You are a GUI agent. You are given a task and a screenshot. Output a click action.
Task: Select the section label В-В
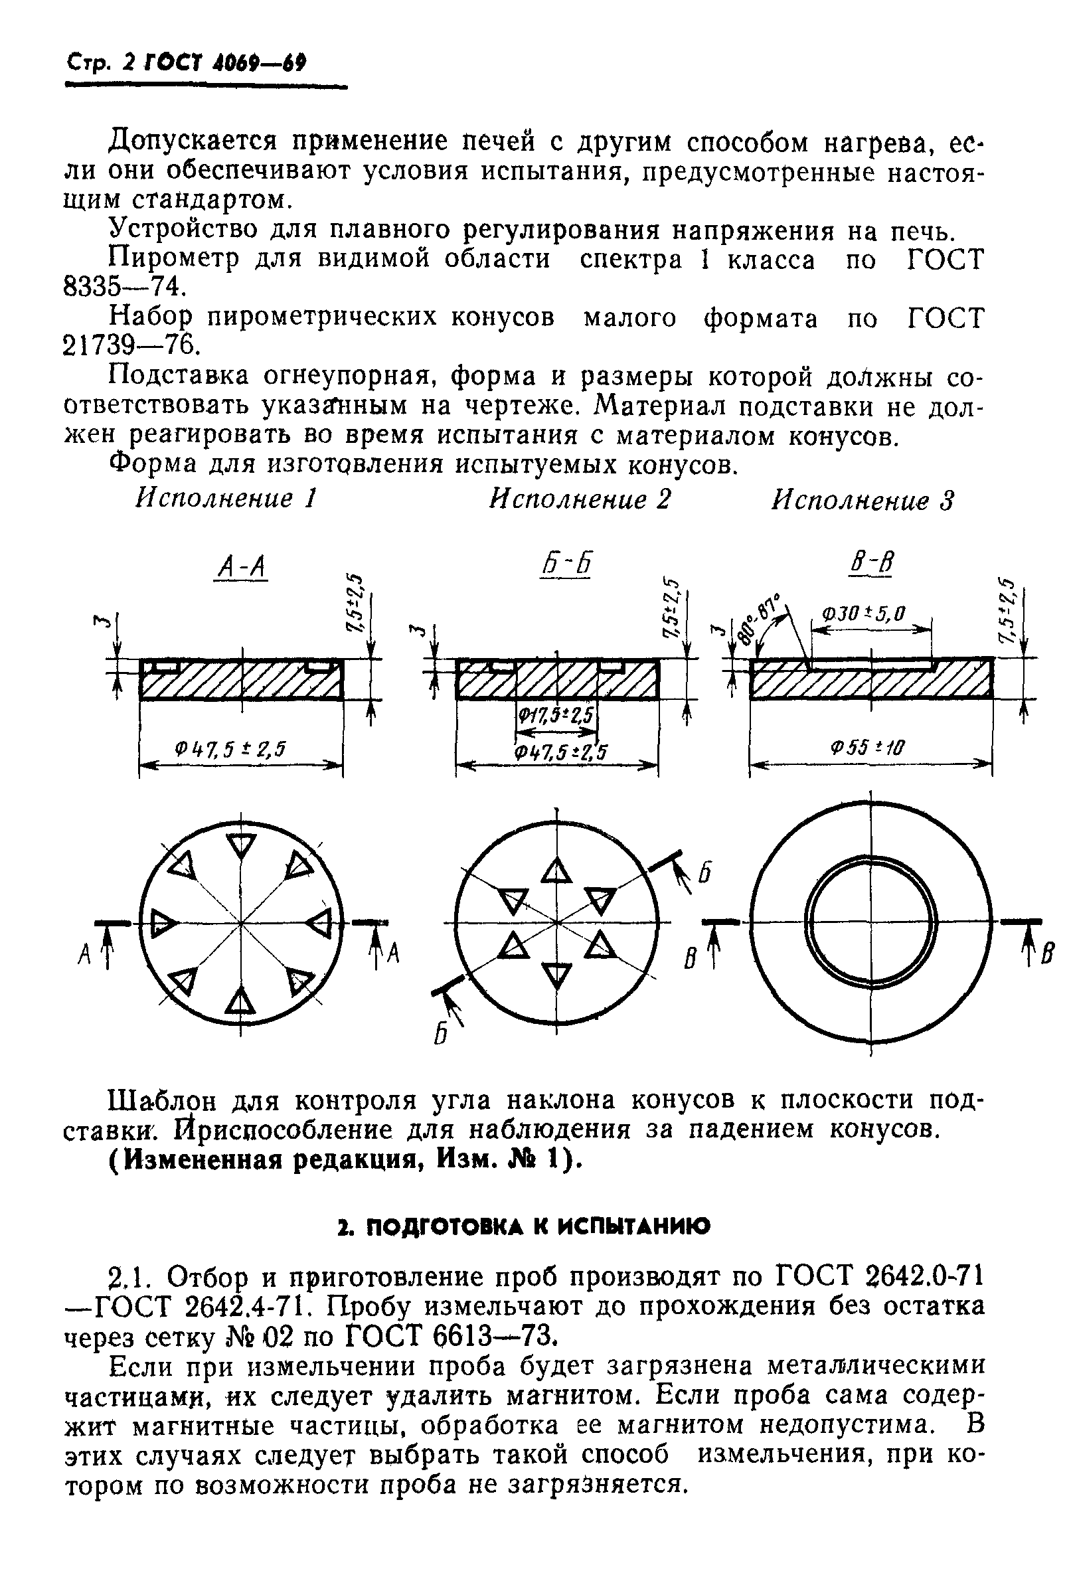click(870, 563)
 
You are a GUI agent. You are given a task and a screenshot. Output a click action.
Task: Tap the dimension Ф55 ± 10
click(867, 748)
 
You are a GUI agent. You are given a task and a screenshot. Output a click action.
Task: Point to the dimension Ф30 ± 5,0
click(863, 614)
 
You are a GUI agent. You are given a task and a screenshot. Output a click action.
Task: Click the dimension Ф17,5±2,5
click(555, 714)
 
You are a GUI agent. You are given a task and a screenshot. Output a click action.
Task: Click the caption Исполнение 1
click(227, 499)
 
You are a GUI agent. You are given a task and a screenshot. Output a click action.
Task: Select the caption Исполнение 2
click(580, 499)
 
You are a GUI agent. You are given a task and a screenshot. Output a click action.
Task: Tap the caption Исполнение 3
click(863, 501)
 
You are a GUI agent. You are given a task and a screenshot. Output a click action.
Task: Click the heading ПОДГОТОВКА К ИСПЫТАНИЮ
click(523, 1226)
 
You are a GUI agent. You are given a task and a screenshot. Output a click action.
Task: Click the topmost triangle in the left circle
click(240, 847)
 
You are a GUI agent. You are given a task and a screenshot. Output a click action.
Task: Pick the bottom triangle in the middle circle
click(556, 975)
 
